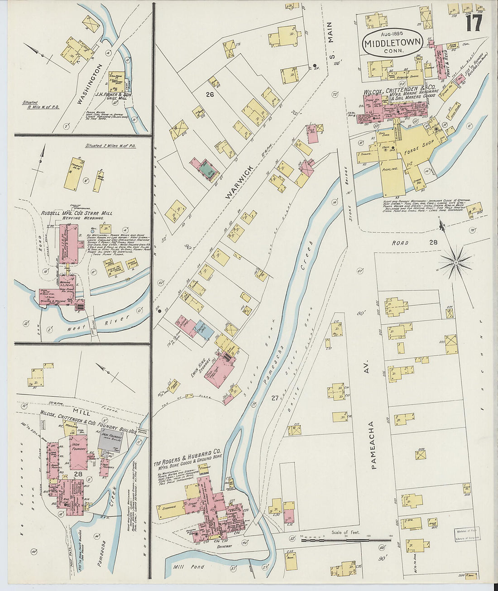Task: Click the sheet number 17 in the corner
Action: click(x=474, y=22)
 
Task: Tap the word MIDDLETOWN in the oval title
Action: click(x=393, y=43)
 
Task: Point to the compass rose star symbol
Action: click(x=456, y=262)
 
